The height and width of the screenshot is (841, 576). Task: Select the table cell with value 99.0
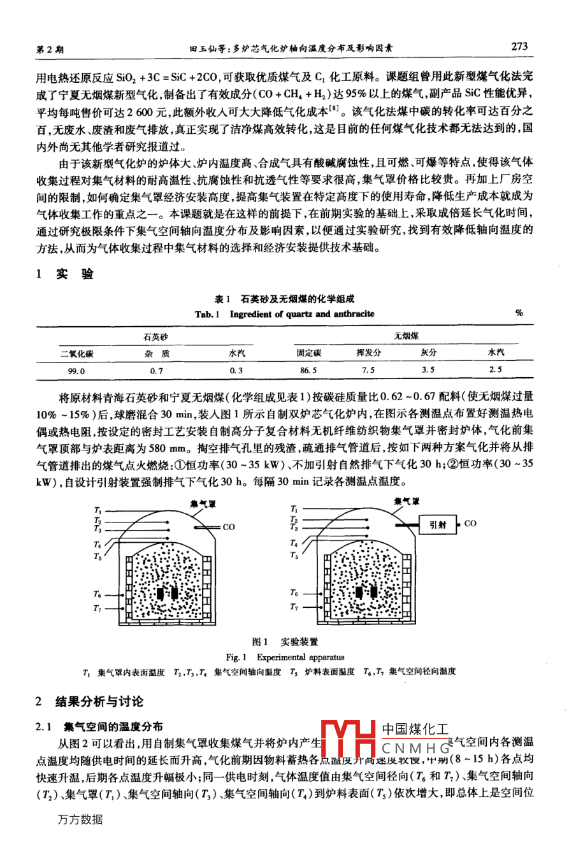(76, 370)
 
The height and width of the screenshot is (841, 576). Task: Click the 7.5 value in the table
(368, 370)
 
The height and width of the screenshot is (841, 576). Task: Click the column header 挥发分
(368, 353)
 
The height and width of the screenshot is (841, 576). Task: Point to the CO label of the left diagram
(229, 527)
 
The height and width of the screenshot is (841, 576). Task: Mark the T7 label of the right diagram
(294, 607)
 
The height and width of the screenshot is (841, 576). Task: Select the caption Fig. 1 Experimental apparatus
(284, 657)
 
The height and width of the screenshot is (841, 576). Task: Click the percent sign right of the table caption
(519, 313)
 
